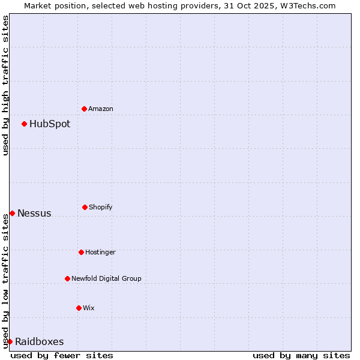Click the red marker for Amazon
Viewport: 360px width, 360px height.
[x=84, y=109]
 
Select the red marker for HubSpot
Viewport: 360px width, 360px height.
[x=24, y=124]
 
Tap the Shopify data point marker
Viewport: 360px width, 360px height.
[x=85, y=207]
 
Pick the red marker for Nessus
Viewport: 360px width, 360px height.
[x=12, y=213]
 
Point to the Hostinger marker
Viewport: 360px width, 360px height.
[x=81, y=252]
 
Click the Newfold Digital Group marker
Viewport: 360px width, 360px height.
[x=67, y=278]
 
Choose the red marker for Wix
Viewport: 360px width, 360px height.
[x=79, y=308]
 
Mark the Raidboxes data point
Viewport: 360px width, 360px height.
[x=10, y=341]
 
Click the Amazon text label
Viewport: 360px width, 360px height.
[x=101, y=109]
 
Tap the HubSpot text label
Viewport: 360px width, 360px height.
[x=50, y=124]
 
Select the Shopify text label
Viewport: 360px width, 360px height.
[x=101, y=207]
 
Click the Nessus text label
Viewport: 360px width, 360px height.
[x=34, y=214]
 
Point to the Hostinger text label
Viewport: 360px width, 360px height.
[x=100, y=252]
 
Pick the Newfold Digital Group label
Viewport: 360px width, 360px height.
[x=106, y=278]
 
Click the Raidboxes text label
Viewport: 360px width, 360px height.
[x=39, y=342]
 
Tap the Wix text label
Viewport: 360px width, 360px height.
[x=89, y=308]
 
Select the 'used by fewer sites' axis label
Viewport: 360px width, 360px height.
[x=62, y=355]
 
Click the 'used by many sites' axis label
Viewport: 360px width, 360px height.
[x=301, y=355]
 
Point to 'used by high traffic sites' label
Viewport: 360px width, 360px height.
[x=5, y=85]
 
